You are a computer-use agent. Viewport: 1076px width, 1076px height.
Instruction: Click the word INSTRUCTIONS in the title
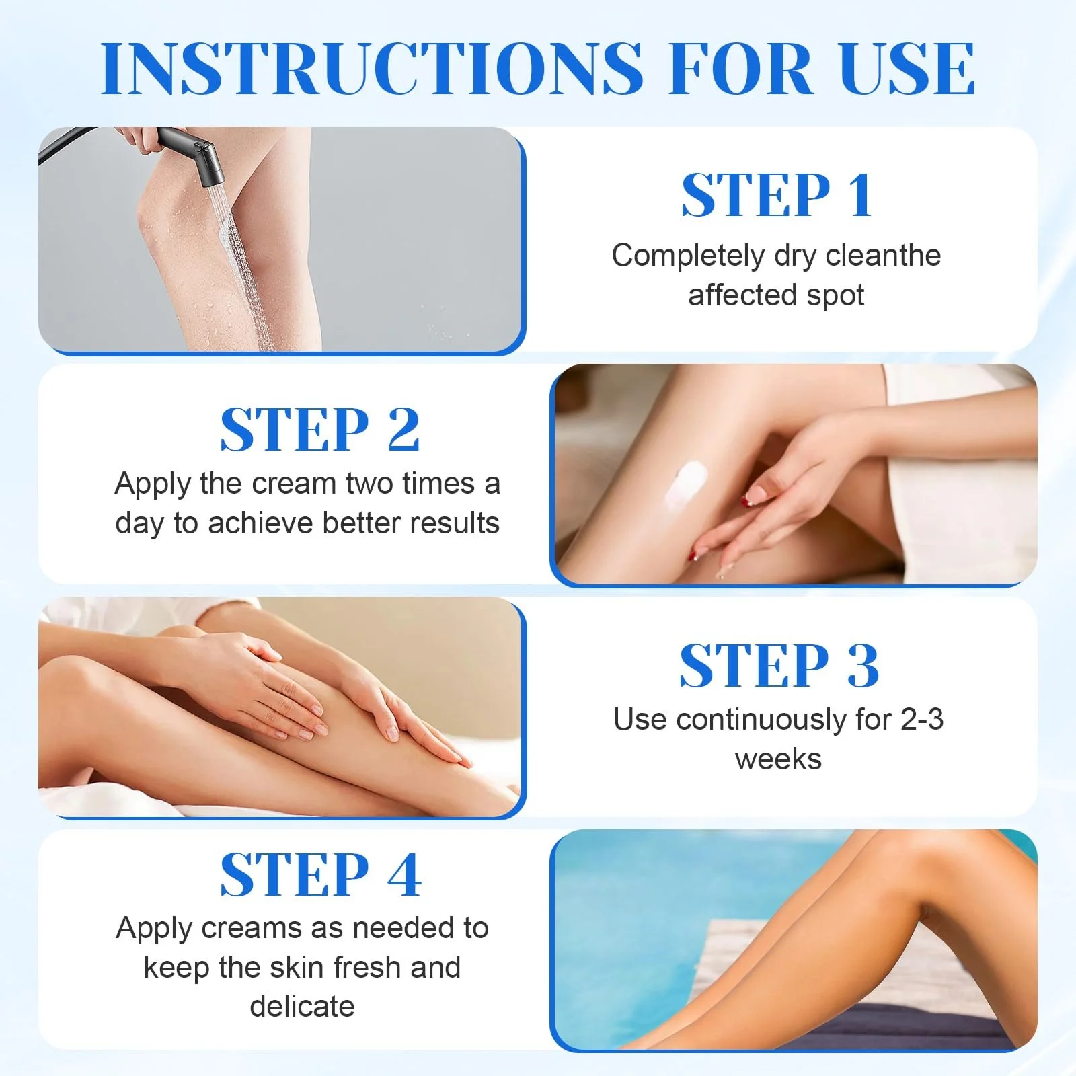(371, 68)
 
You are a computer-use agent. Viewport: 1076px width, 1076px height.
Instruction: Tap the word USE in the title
(907, 68)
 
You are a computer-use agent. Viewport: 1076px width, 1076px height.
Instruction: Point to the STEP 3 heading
(779, 665)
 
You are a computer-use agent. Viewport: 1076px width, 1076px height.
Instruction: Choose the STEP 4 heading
(321, 874)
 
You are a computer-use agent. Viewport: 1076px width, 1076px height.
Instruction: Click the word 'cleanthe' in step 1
(883, 256)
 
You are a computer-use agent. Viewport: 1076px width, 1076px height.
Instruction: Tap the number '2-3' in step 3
(922, 720)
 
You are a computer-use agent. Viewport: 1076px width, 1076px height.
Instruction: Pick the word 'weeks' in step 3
(778, 759)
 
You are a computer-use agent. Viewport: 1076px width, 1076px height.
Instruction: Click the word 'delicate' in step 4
(302, 1007)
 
